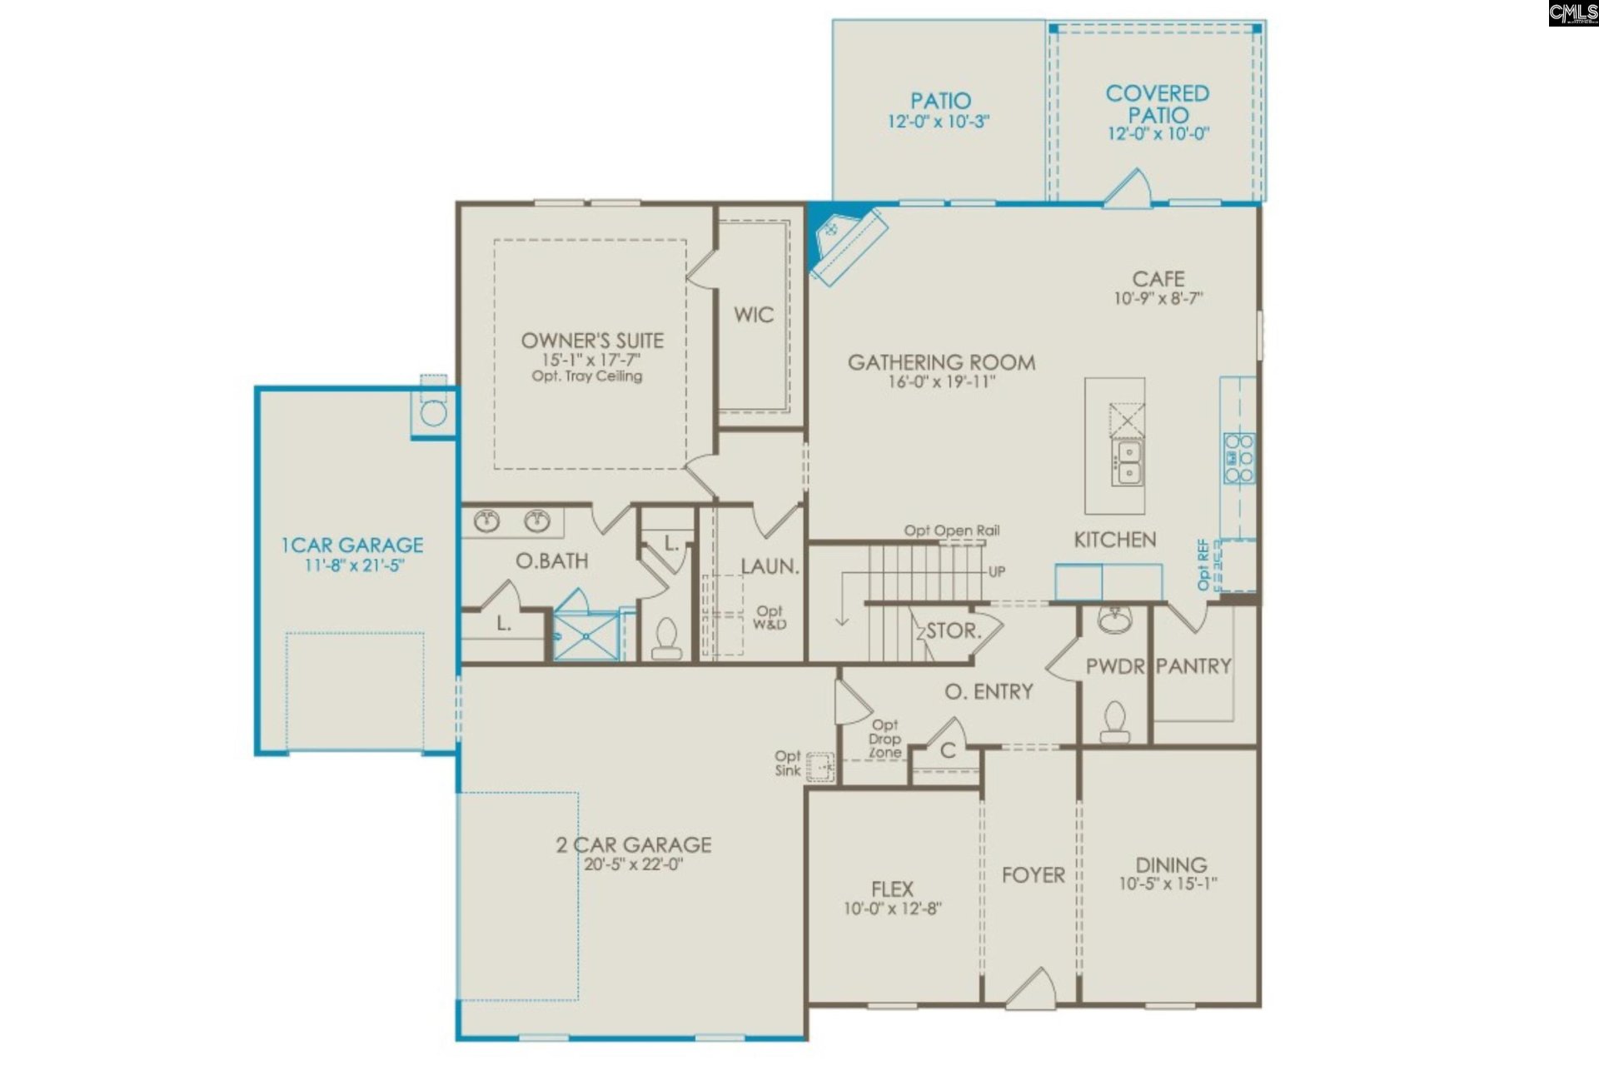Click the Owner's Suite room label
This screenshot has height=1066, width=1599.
click(x=592, y=341)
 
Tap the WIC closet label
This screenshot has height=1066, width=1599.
click(x=753, y=315)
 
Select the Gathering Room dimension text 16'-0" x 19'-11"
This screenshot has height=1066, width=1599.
click(x=941, y=382)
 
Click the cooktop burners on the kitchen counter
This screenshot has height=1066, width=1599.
click(x=1238, y=457)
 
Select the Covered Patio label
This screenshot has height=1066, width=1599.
click(x=1157, y=103)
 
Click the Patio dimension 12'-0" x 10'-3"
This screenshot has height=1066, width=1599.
click(x=939, y=122)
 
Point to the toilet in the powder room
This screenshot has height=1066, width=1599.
click(x=1114, y=721)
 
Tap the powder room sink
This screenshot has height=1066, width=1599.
click(x=1114, y=620)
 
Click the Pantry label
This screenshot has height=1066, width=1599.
click(x=1193, y=666)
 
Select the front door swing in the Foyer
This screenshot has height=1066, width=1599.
click(x=1030, y=988)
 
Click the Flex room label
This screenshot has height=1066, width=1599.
click(x=892, y=889)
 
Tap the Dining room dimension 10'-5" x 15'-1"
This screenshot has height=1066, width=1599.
click(x=1168, y=884)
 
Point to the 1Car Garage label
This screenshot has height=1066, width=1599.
click(x=352, y=545)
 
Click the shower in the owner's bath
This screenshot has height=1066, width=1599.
click(x=586, y=635)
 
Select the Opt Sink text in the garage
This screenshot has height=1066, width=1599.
click(x=788, y=763)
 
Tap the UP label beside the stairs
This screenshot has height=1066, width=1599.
click(x=996, y=571)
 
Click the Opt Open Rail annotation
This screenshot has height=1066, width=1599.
click(x=952, y=531)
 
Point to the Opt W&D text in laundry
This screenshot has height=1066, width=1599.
click(x=769, y=617)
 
